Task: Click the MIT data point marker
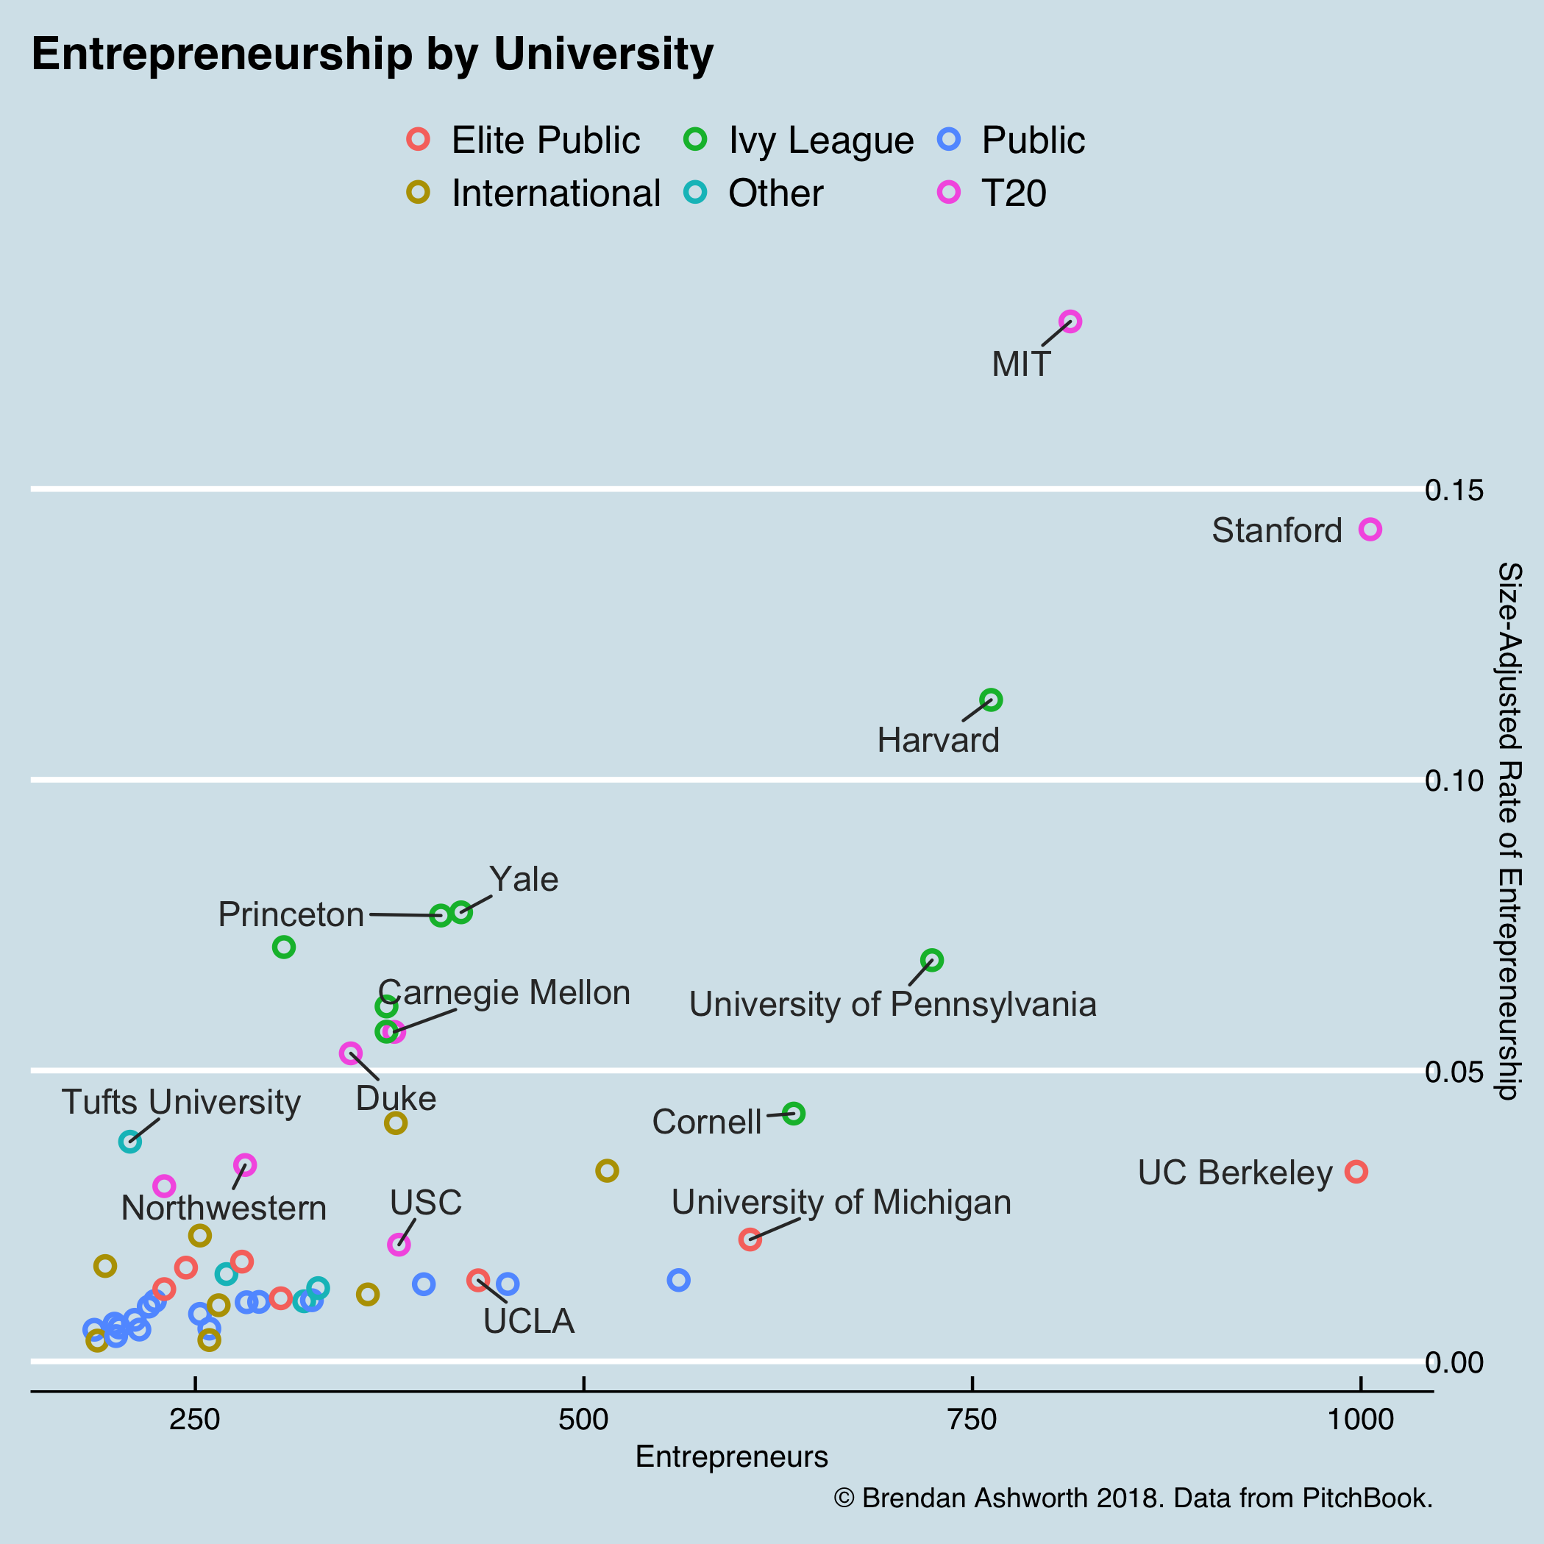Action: (x=1070, y=321)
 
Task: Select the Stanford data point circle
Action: (x=1370, y=529)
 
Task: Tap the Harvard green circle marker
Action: (x=991, y=700)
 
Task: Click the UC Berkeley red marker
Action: (x=1356, y=1172)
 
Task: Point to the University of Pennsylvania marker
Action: (x=932, y=960)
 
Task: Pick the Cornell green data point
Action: (x=793, y=1113)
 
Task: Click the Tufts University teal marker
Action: (x=130, y=1141)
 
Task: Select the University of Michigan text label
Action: (x=841, y=1202)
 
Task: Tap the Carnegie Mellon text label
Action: (x=503, y=992)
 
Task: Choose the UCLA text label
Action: (x=529, y=1321)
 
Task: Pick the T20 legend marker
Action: (x=949, y=192)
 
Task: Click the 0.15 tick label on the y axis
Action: (x=1454, y=490)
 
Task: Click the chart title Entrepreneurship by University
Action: (x=372, y=55)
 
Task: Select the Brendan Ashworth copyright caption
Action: (x=1132, y=1497)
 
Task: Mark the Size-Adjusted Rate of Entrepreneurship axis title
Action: (x=1509, y=831)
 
